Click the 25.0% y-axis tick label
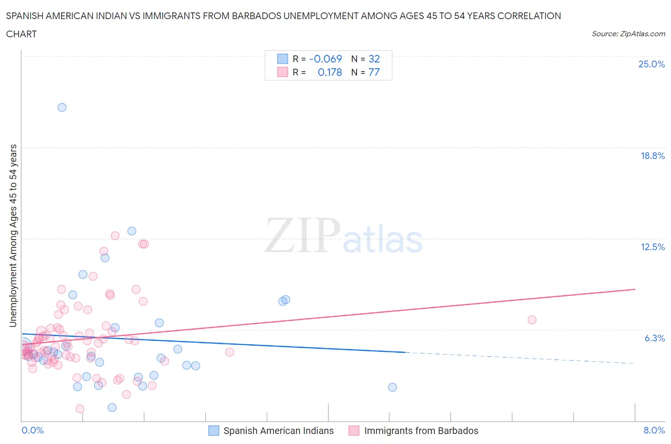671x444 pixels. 651,64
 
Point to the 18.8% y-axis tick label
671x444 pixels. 652,156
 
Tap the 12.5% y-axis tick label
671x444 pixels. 652,247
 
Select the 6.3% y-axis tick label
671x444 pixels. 654,338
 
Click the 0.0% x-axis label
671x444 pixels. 32,430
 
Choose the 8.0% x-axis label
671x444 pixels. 654,430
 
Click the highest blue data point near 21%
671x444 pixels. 62,107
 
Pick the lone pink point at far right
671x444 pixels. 532,320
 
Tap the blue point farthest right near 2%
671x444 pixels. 392,387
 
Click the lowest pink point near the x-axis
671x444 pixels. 80,409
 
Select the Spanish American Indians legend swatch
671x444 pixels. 214,431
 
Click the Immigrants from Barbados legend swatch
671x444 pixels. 354,431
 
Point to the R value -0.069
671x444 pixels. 325,59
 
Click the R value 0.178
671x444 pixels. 330,72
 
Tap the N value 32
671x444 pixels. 374,59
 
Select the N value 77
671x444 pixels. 374,72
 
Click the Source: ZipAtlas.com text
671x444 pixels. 628,33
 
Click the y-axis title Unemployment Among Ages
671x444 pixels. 13,235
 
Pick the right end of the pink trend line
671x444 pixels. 635,289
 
